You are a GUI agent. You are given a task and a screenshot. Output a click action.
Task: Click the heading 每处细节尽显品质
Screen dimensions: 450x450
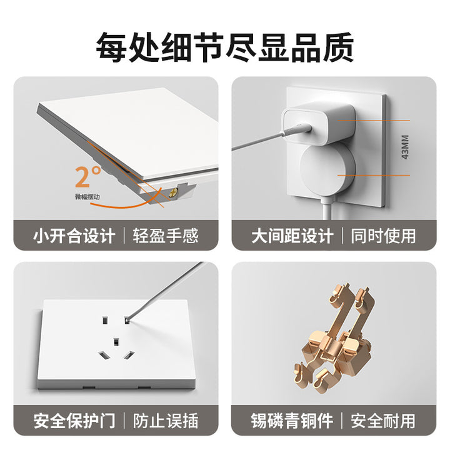pos(225,47)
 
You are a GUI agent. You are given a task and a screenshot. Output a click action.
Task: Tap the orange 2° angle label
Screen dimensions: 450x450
pos(88,176)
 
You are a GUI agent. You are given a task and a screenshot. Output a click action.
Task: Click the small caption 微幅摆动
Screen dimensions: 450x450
pos(87,197)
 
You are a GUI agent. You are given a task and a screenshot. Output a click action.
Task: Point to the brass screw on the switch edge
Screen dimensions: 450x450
pos(172,193)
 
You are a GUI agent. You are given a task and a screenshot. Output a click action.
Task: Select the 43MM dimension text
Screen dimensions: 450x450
pos(405,147)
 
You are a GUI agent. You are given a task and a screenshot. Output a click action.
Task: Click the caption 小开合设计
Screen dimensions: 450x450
pos(74,236)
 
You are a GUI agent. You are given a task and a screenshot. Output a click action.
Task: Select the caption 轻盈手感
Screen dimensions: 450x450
pos(166,236)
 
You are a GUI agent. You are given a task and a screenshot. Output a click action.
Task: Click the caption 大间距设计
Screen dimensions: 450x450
pos(292,236)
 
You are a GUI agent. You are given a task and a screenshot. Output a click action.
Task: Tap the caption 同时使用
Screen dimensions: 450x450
pos(383,236)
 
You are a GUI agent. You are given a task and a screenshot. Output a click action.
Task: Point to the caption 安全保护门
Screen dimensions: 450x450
pos(74,421)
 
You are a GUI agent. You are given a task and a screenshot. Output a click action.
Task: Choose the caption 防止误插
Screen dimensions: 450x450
pos(166,421)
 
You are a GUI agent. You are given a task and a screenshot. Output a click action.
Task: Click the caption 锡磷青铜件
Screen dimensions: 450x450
pos(292,421)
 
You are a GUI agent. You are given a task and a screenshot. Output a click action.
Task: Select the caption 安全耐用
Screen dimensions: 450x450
pos(383,421)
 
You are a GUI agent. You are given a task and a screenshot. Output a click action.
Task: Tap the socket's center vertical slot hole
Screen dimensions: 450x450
pos(116,342)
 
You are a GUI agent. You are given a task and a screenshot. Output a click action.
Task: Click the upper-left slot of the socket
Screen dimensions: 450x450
pos(105,320)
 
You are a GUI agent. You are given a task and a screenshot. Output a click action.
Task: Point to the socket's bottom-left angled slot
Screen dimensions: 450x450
pos(104,356)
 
